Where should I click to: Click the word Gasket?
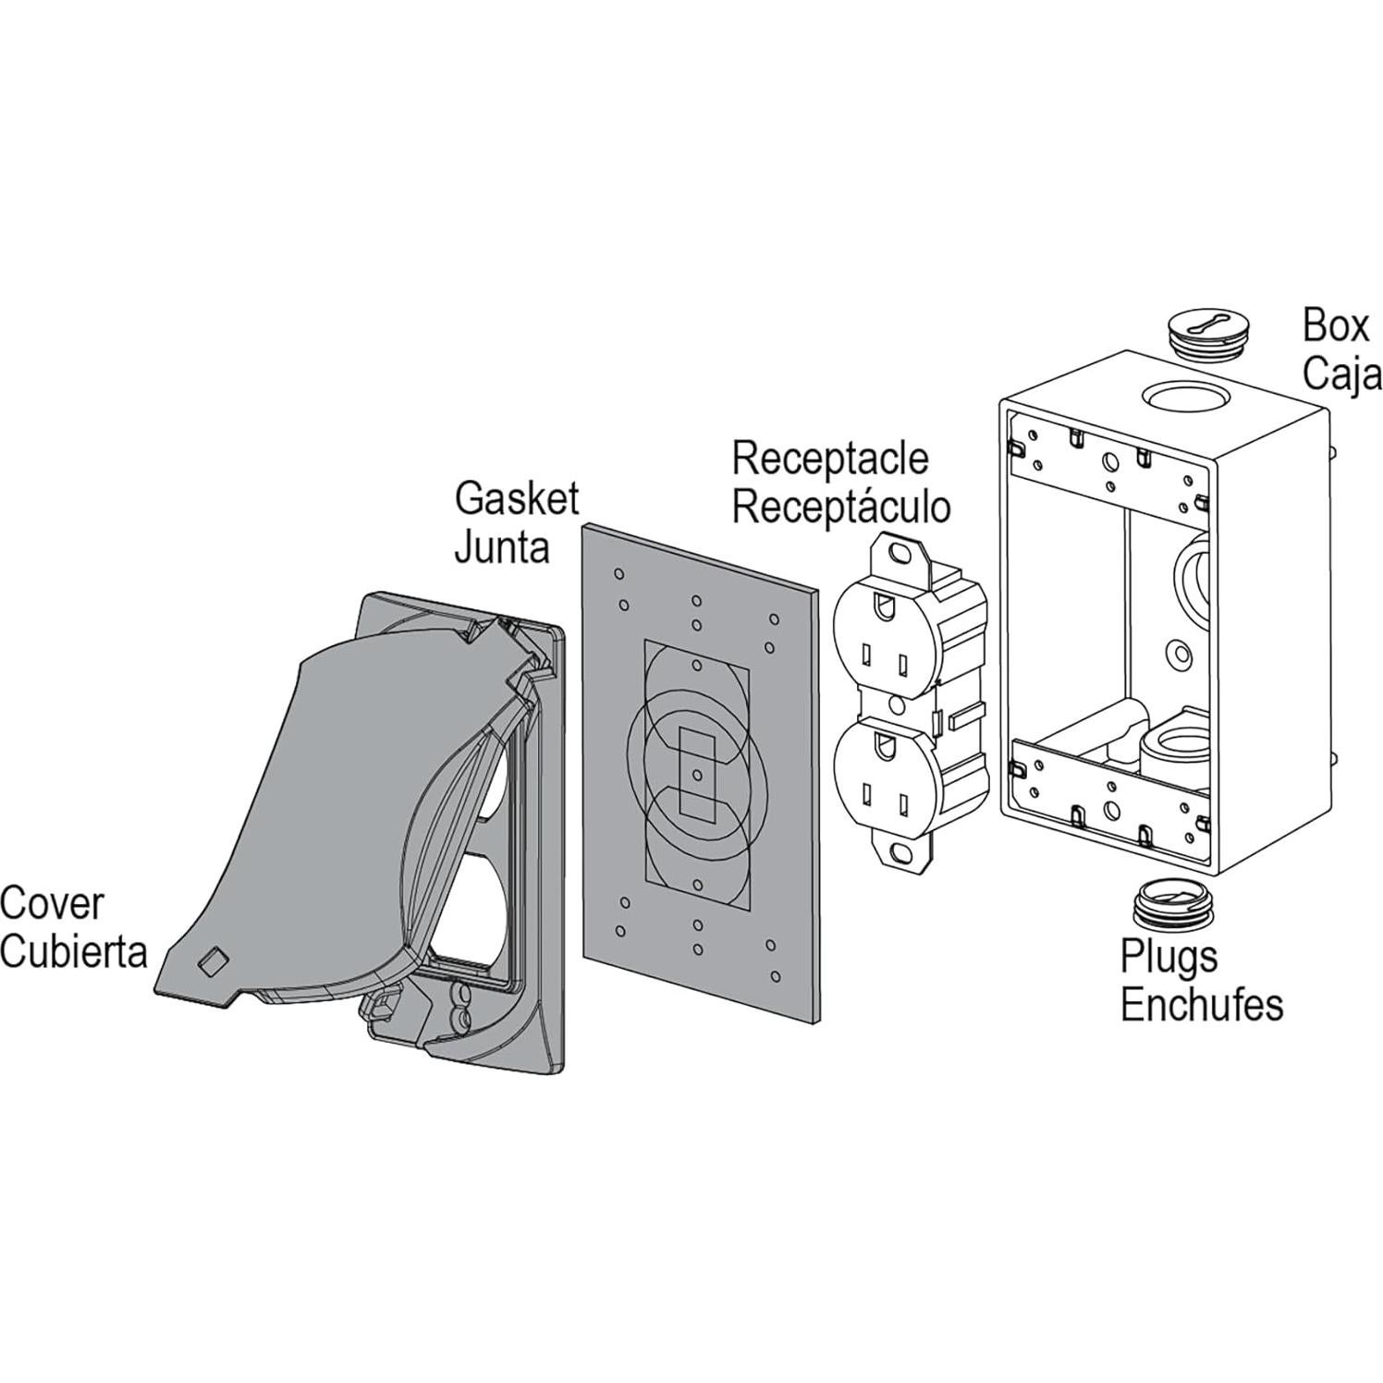[516, 500]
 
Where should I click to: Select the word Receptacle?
[830, 459]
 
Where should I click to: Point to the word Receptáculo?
[841, 507]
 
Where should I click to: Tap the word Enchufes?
[1202, 1005]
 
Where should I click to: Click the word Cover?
[52, 904]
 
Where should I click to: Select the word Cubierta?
[74, 952]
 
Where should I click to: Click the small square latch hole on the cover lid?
[211, 961]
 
